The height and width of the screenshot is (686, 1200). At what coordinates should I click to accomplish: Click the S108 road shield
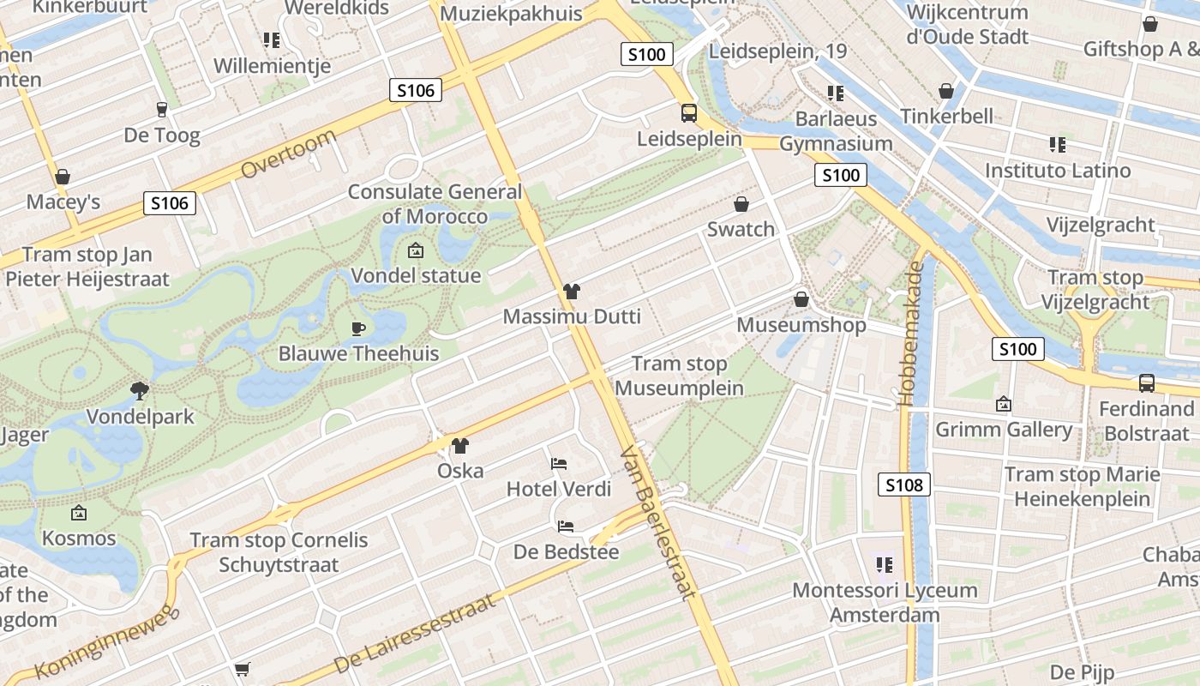pyautogui.click(x=904, y=485)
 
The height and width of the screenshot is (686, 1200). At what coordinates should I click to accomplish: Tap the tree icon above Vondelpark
pyautogui.click(x=139, y=392)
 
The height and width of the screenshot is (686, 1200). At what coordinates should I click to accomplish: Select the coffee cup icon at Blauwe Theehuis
pyautogui.click(x=358, y=328)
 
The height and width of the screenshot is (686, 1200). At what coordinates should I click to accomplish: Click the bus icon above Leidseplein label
pyautogui.click(x=688, y=113)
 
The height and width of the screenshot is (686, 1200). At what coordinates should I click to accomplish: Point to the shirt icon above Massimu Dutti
pyautogui.click(x=572, y=292)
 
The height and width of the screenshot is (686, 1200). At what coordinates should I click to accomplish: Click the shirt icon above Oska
pyautogui.click(x=460, y=446)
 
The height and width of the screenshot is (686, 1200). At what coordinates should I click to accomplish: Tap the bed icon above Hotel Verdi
pyautogui.click(x=559, y=464)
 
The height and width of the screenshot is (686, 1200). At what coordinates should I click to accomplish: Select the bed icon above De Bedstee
pyautogui.click(x=566, y=526)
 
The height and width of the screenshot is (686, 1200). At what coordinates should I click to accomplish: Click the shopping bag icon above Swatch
pyautogui.click(x=741, y=204)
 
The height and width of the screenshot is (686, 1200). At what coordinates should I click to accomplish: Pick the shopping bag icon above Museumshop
pyautogui.click(x=801, y=299)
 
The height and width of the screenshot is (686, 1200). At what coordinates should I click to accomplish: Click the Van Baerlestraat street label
pyautogui.click(x=658, y=522)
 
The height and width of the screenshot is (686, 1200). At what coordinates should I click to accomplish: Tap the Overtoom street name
pyautogui.click(x=289, y=154)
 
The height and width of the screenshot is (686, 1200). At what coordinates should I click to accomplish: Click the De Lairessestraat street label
pyautogui.click(x=415, y=633)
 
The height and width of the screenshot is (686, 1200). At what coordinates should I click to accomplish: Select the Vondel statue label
pyautogui.click(x=416, y=276)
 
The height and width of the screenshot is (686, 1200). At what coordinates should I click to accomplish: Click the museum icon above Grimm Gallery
pyautogui.click(x=1004, y=404)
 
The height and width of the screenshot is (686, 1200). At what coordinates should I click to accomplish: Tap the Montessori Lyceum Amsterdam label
pyautogui.click(x=885, y=602)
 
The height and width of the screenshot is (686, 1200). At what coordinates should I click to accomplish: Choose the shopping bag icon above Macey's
pyautogui.click(x=62, y=178)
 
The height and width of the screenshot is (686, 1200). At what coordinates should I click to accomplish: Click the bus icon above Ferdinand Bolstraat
pyautogui.click(x=1146, y=383)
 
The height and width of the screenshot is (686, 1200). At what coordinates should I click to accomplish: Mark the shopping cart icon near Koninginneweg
pyautogui.click(x=243, y=668)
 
